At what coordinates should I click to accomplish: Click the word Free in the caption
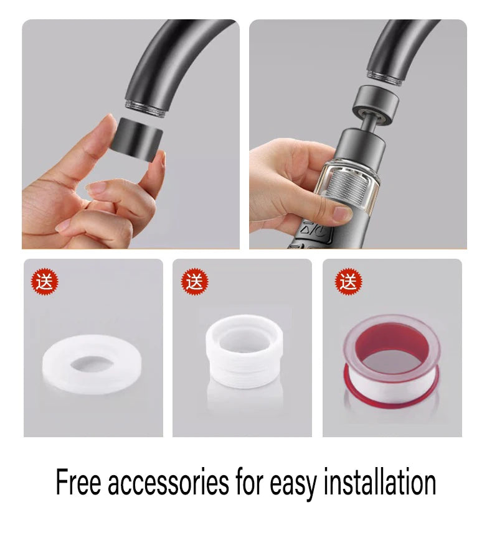coord(78,482)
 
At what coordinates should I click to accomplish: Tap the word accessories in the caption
coord(168,482)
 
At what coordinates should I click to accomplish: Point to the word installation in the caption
coord(380,481)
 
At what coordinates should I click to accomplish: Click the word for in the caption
coord(249,481)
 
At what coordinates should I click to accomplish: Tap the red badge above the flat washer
coord(45,282)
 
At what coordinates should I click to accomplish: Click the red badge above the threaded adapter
coord(195,282)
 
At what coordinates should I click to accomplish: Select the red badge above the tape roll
coord(349,282)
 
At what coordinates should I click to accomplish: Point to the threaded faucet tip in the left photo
coord(146,108)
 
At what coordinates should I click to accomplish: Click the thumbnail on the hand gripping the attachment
coord(342,213)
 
